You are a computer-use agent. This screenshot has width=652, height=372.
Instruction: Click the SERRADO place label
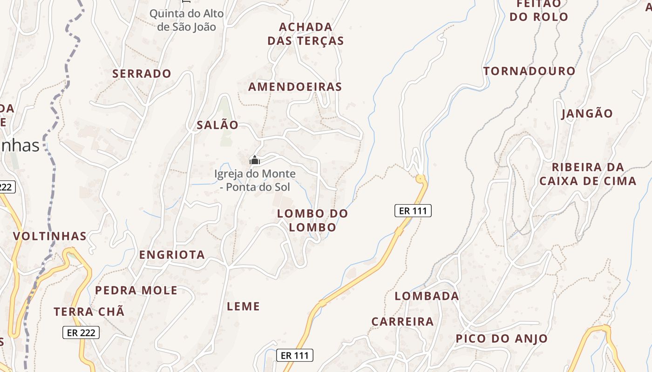(142, 73)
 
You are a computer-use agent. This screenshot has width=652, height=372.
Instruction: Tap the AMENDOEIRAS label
(295, 87)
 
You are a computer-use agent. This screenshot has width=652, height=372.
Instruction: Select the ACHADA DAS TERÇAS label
(306, 34)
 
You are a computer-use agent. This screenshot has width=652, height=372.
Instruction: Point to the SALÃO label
(217, 125)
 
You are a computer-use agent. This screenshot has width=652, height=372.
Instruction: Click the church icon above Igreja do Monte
(255, 160)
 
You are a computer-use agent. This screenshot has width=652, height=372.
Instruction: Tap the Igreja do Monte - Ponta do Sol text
(255, 180)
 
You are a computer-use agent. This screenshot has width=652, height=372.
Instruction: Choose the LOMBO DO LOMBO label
(312, 220)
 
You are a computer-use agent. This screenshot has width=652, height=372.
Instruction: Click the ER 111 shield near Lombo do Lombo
(413, 211)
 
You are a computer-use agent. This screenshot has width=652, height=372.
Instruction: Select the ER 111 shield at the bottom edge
(295, 355)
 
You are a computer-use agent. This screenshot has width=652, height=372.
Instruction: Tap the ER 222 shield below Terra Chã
(81, 332)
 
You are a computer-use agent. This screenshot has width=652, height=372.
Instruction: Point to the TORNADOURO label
(529, 71)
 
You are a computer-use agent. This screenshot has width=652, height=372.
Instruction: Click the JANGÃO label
(587, 113)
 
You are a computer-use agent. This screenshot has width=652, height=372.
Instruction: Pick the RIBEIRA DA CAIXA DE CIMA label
(588, 174)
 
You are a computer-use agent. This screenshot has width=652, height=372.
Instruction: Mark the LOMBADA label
(427, 296)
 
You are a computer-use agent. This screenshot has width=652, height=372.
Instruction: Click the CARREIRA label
(402, 321)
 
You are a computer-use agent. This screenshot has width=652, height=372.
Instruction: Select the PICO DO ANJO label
(502, 339)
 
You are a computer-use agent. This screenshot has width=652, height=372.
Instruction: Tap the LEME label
(243, 306)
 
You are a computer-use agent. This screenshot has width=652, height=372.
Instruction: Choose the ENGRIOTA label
(172, 254)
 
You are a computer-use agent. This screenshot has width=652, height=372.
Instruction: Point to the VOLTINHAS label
(50, 236)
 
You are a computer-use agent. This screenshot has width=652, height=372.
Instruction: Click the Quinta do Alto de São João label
(186, 20)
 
